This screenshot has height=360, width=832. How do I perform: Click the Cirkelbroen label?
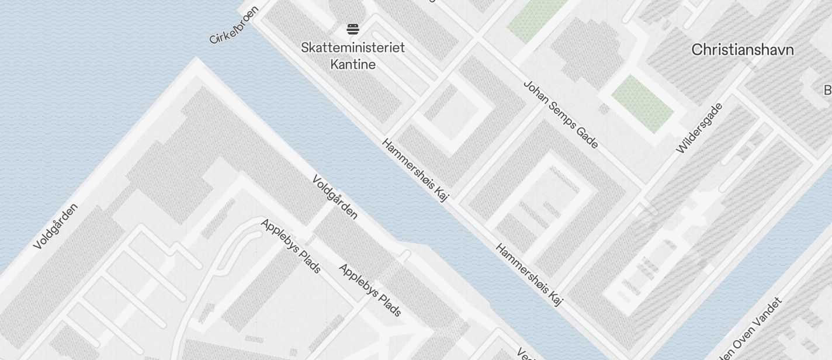click(x=234, y=26)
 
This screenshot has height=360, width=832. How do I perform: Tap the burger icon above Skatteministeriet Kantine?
click(x=352, y=29)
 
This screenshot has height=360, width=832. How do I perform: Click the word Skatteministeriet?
click(x=353, y=47)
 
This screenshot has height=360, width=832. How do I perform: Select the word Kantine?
click(x=353, y=64)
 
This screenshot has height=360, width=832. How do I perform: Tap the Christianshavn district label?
click(x=743, y=50)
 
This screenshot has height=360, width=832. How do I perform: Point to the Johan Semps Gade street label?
click(x=560, y=115)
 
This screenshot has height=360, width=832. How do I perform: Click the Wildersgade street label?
click(x=699, y=128)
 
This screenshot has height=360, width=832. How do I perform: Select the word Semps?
click(x=560, y=115)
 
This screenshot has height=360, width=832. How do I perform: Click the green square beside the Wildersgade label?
click(x=643, y=103)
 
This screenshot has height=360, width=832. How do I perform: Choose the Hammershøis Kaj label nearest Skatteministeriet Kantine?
click(x=415, y=170)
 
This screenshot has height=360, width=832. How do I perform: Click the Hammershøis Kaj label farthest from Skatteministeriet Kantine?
click(x=529, y=275)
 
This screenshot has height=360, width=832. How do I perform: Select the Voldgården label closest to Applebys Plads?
click(x=335, y=197)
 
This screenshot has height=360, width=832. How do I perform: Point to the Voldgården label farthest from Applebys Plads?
click(x=56, y=226)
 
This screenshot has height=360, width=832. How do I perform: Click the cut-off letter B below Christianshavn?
click(x=827, y=90)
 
